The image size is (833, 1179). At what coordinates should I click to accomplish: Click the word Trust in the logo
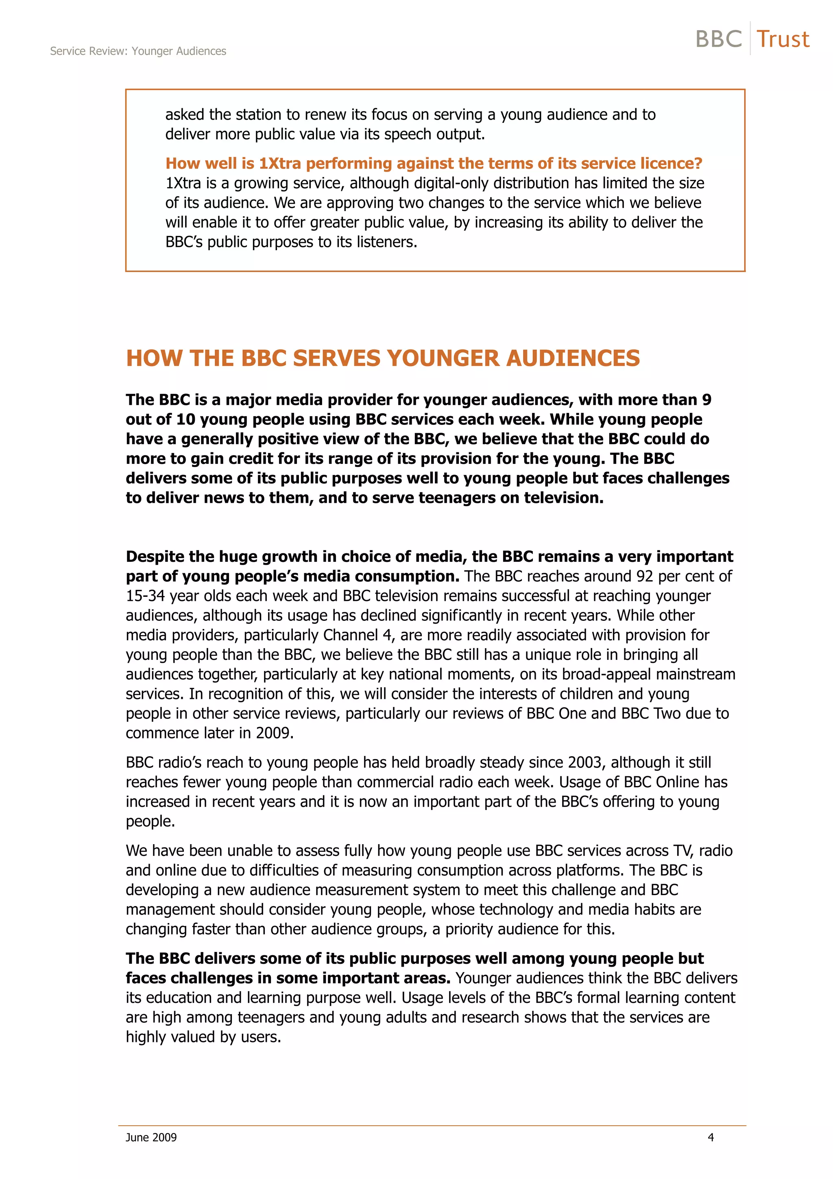pyautogui.click(x=783, y=39)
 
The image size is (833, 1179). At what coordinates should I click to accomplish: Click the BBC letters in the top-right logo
pyautogui.click(x=719, y=39)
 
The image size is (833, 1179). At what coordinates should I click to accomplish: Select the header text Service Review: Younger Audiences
pyautogui.click(x=138, y=51)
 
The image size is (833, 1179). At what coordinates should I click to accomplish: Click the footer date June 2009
pyautogui.click(x=151, y=1137)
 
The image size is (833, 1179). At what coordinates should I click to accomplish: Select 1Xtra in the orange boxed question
pyautogui.click(x=280, y=163)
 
